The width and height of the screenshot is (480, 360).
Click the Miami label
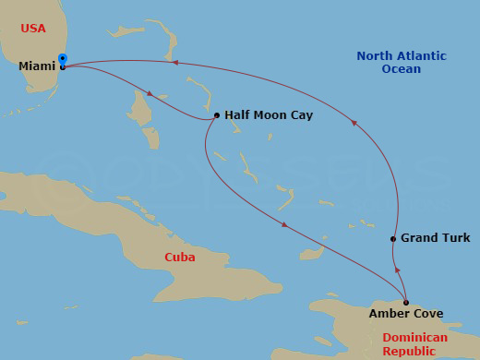[36, 66]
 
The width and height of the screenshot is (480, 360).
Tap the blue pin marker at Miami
[62, 59]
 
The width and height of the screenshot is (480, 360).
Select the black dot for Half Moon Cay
[216, 115]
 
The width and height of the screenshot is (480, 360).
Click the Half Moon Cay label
[268, 115]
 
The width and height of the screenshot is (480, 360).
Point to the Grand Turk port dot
[393, 239]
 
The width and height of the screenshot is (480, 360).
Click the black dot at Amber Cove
[406, 302]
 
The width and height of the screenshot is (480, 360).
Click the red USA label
[34, 29]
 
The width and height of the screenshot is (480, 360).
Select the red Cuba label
[179, 257]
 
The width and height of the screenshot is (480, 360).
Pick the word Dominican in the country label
[414, 338]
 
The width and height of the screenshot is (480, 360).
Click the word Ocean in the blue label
[402, 69]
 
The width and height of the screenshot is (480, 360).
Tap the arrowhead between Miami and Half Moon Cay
[150, 93]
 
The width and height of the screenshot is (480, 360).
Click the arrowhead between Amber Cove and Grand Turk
[398, 270]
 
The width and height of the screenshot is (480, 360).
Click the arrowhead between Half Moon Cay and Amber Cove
[283, 224]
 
